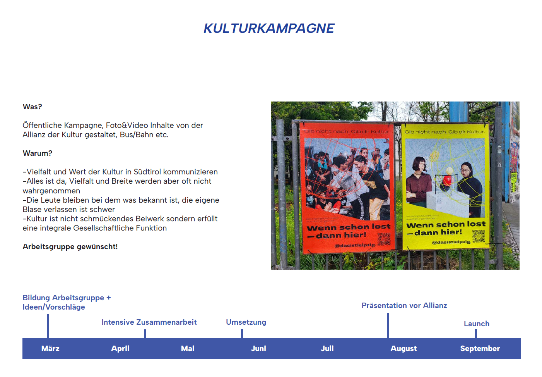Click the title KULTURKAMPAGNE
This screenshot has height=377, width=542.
tap(269, 28)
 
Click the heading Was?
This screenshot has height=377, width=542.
tap(32, 107)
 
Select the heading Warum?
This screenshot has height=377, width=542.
tap(38, 153)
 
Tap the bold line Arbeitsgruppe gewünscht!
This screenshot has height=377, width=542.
tap(70, 246)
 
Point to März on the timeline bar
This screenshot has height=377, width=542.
tap(50, 348)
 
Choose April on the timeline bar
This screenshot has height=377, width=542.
tap(120, 348)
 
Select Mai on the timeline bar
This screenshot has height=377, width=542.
tap(188, 348)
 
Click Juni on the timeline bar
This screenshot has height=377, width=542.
tap(258, 348)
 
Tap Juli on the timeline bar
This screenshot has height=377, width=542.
tap(327, 348)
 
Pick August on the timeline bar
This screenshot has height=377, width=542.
tap(404, 348)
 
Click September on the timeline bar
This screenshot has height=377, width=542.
tap(480, 348)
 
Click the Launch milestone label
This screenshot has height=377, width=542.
tap(476, 324)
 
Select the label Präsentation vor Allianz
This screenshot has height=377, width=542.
tap(404, 305)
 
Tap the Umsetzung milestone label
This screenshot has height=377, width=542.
tap(246, 322)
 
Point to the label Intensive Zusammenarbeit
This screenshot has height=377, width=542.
tap(149, 322)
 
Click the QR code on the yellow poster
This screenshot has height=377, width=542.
tap(479, 236)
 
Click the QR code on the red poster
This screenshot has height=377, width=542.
tap(384, 239)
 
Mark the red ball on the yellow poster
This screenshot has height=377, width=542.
tap(447, 180)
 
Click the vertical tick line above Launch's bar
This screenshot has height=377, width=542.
tap(476, 334)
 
